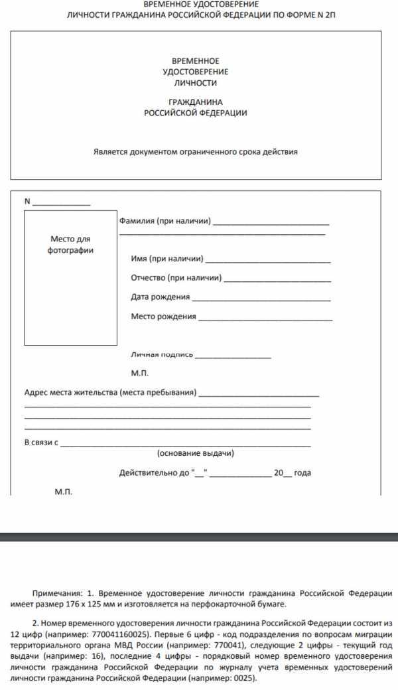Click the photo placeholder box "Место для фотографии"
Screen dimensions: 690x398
pyautogui.click(x=70, y=266)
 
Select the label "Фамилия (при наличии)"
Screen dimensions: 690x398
pyautogui.click(x=165, y=221)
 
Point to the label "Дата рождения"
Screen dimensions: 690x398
pyautogui.click(x=161, y=297)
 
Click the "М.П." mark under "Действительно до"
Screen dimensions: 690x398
pyautogui.click(x=62, y=493)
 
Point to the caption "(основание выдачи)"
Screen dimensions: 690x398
pyautogui.click(x=196, y=454)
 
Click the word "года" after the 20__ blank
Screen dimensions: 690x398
pyautogui.click(x=302, y=473)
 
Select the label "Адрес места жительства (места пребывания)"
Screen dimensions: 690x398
pyautogui.click(x=110, y=392)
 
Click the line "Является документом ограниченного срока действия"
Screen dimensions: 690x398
pyautogui.click(x=196, y=152)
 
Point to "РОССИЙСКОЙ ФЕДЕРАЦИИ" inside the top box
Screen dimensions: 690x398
pyautogui.click(x=196, y=113)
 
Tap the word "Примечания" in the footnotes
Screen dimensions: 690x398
pyautogui.click(x=55, y=592)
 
